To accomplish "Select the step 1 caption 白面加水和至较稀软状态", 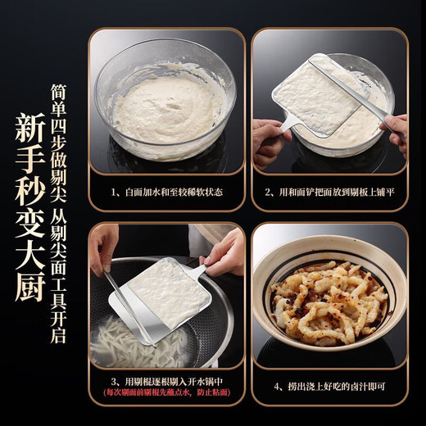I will point(168,193).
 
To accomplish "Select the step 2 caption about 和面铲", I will point(330,193).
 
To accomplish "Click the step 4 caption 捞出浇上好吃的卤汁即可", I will point(330,382).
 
